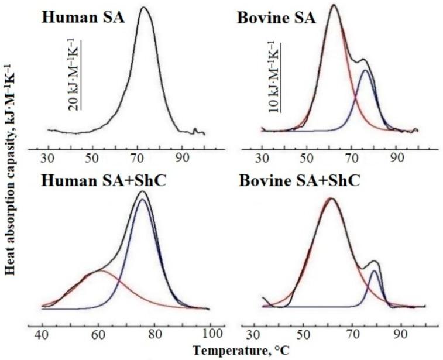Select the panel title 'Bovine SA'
tap(276, 17)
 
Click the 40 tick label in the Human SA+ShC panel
tap(43, 334)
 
